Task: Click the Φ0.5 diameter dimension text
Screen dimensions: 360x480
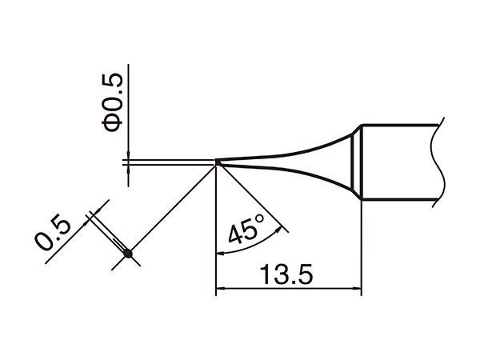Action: (x=113, y=102)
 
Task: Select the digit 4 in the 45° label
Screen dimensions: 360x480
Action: (x=236, y=237)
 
